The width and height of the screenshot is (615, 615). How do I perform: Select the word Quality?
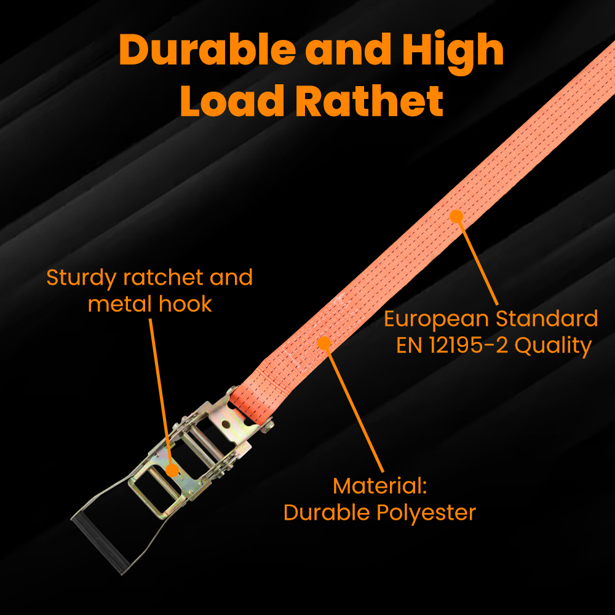(x=553, y=346)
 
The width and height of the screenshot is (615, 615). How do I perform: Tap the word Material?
(x=379, y=486)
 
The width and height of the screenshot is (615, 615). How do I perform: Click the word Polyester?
(x=427, y=512)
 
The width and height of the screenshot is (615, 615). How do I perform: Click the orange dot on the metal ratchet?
(x=173, y=470)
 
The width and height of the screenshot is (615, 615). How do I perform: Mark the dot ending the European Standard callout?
(x=456, y=216)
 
